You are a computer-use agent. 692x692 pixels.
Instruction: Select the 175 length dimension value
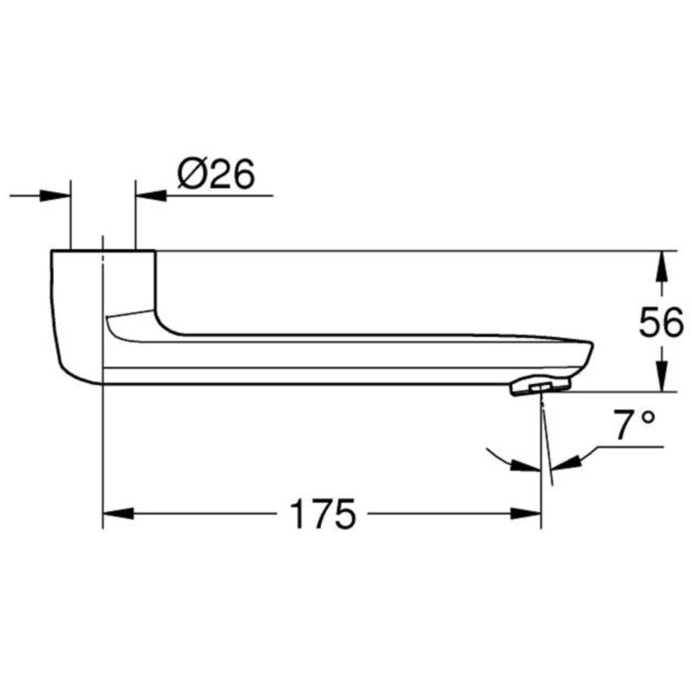tap(322, 516)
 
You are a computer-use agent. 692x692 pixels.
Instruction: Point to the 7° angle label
tap(635, 426)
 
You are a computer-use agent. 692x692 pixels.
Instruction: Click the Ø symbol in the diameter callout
tap(191, 175)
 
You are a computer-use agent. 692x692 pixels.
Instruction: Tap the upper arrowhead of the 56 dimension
tap(661, 263)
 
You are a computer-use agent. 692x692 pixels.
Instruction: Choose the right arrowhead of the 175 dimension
tap(528, 515)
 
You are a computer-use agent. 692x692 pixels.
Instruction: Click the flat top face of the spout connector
tap(103, 252)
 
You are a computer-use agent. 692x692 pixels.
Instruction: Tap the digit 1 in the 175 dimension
tap(297, 516)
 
